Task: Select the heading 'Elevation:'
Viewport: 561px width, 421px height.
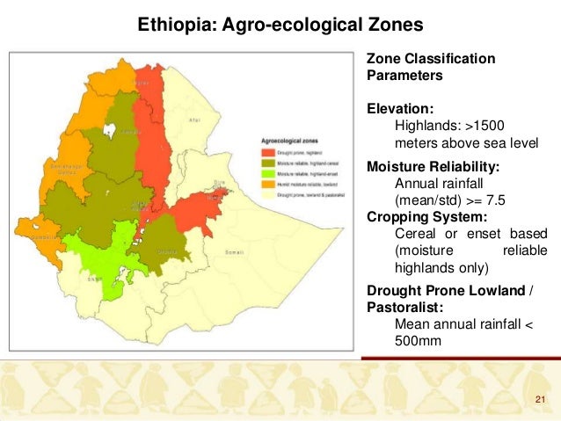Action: coord(400,110)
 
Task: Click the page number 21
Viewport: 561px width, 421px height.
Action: coord(541,402)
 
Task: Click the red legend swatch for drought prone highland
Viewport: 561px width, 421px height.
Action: coord(266,152)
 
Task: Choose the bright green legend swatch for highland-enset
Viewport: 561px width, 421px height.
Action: coord(266,172)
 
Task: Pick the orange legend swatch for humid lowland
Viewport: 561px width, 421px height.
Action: coord(266,183)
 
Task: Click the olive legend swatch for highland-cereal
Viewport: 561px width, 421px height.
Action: coord(266,163)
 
